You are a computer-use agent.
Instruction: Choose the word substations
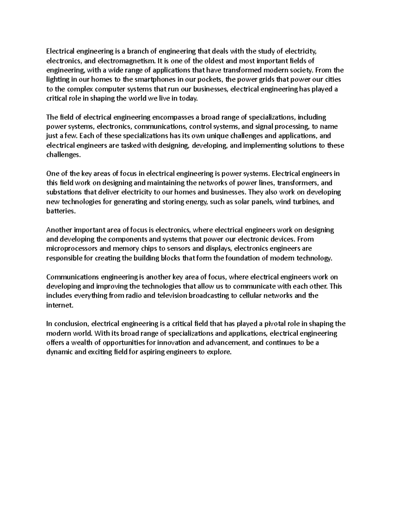coord(64,192)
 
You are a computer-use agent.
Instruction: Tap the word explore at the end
coord(221,352)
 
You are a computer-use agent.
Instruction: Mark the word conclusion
coord(71,324)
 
